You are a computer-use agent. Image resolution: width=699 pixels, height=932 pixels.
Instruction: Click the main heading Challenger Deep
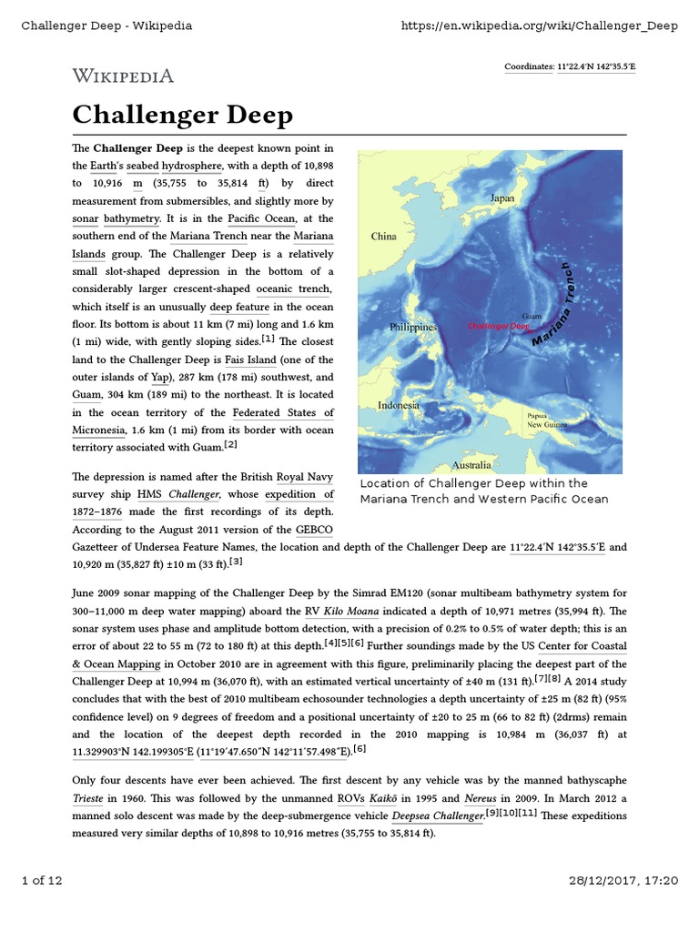tap(182, 116)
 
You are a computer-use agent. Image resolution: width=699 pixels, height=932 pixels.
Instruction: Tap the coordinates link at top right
tap(595, 66)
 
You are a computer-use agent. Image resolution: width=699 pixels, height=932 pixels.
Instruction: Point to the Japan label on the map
tap(501, 198)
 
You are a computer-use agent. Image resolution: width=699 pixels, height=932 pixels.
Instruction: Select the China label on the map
tap(383, 237)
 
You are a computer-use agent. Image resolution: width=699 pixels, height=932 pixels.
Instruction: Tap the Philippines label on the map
tap(413, 327)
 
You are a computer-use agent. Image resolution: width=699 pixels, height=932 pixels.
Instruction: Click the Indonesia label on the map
tap(399, 405)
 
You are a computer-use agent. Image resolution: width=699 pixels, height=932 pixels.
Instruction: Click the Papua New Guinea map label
tap(549, 420)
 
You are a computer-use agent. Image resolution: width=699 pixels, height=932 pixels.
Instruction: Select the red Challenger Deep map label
tap(498, 325)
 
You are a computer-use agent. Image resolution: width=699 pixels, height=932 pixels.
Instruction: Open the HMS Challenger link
tap(178, 494)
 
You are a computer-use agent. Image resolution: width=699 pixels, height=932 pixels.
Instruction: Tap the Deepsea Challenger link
tap(437, 815)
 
